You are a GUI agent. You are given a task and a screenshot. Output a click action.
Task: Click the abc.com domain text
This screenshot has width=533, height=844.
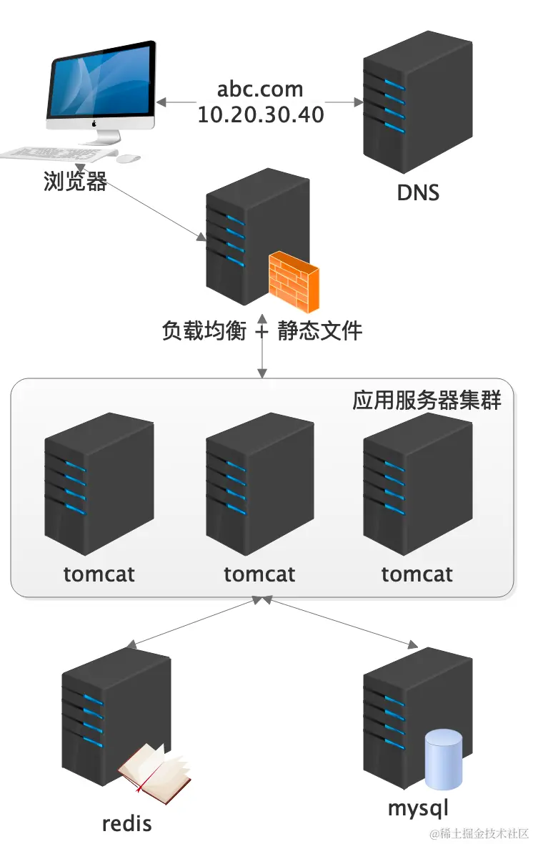[260, 90]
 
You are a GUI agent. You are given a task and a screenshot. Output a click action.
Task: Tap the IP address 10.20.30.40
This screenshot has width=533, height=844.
[260, 114]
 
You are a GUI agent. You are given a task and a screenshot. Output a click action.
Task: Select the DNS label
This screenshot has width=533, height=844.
[418, 192]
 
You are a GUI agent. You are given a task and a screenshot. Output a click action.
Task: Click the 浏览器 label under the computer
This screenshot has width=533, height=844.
[76, 182]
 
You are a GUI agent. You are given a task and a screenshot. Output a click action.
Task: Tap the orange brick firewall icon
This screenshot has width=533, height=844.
[293, 284]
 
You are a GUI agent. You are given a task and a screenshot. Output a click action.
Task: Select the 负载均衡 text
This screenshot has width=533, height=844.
[204, 330]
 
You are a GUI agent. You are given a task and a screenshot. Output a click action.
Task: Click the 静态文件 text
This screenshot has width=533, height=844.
[320, 330]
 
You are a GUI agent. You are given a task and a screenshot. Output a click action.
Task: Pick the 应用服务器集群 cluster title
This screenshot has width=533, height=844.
[427, 400]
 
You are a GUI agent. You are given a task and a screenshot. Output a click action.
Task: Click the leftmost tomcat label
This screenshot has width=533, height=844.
[99, 574]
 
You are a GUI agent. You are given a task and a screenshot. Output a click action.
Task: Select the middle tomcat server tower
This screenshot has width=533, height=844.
[259, 483]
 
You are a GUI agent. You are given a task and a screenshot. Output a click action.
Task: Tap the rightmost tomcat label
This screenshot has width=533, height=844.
[417, 574]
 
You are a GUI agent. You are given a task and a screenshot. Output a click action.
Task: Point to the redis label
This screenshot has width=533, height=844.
[127, 823]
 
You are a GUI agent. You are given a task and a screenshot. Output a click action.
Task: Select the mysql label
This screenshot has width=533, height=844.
[419, 808]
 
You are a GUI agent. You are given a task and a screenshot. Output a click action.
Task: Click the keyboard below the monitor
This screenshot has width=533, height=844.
[57, 154]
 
